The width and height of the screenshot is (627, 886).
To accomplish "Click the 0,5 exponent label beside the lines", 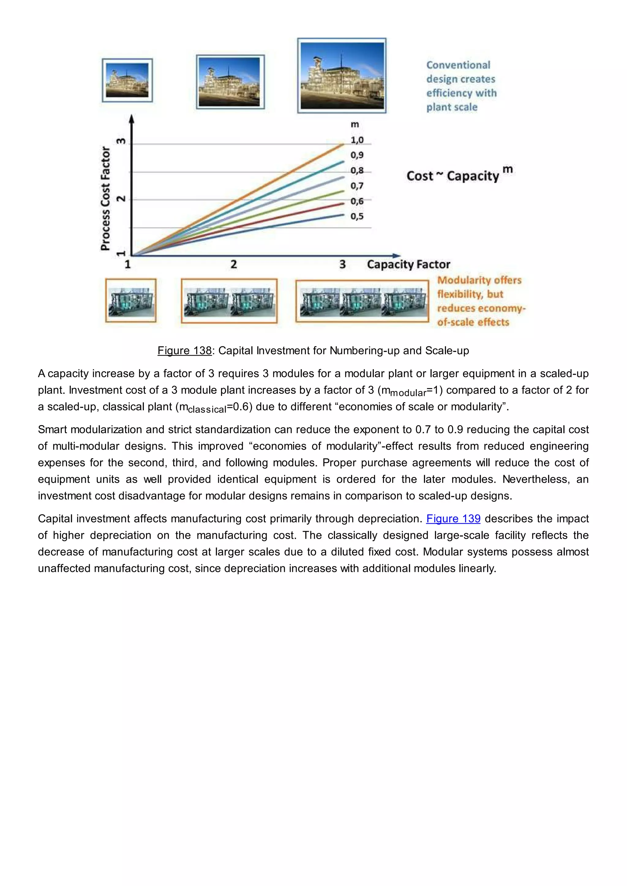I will click(357, 217).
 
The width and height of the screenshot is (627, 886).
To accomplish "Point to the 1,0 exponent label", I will click(357, 140).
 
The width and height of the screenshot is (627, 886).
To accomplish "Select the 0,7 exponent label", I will click(357, 186).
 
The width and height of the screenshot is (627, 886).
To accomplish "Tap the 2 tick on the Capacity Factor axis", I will click(234, 265).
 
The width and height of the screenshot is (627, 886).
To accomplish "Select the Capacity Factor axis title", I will click(408, 265).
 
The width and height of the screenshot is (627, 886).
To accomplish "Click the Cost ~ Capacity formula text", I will click(452, 176).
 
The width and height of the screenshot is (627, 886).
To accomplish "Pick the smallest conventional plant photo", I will click(127, 80).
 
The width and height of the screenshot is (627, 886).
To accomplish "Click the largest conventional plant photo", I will click(342, 76).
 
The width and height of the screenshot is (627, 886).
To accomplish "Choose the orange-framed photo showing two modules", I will click(229, 301).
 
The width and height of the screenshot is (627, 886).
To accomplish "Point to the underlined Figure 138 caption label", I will click(185, 351).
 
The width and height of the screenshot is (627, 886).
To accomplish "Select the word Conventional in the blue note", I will click(458, 65).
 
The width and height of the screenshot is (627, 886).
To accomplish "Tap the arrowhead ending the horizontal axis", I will click(396, 255).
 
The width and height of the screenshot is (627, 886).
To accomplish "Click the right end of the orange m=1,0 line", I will click(343, 145).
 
